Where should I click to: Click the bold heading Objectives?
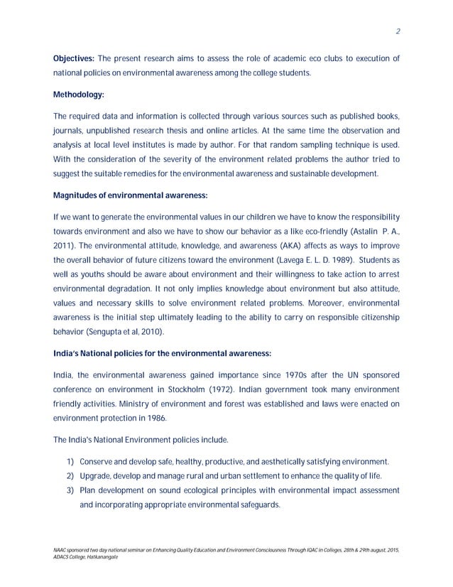[74, 58]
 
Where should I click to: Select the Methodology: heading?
[79, 94]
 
